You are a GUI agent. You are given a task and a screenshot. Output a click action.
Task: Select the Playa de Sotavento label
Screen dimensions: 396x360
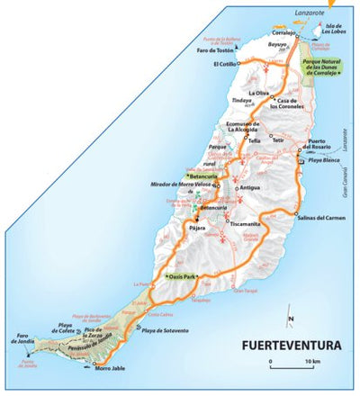164,331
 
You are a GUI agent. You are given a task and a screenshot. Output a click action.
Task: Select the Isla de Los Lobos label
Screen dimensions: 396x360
334,31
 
